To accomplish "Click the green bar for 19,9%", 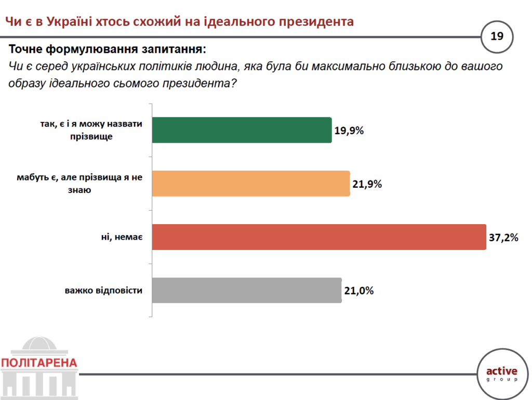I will pos(242,130).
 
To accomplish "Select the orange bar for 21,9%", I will pos(251,184).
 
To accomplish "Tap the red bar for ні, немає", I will pos(319,237).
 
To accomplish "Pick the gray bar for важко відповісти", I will pos(247,290).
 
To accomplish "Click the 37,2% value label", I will pos(503,238).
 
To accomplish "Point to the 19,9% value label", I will pos(349,130).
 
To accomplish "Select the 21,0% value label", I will pos(358,291).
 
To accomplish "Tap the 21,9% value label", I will pos(367,184).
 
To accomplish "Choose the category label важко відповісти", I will pos(104,291).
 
